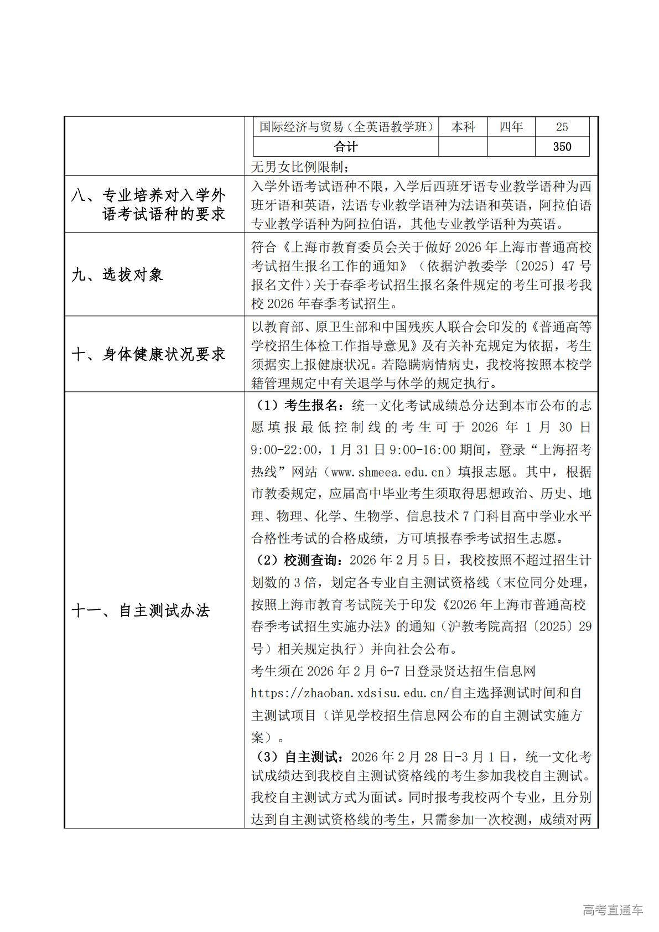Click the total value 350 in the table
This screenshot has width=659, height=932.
pos(562,147)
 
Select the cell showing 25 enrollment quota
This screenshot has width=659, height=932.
pos(562,127)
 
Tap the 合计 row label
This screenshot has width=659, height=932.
pos(346,147)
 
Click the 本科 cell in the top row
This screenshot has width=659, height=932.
pos(463,127)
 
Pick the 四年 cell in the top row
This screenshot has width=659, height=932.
pos(511,127)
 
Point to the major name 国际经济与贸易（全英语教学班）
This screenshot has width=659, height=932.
pos(346,127)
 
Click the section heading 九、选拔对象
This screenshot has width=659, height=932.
pos(117,275)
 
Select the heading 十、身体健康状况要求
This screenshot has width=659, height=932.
pos(149,354)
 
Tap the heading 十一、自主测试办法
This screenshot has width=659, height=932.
pos(141,611)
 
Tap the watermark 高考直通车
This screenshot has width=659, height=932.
pos(613,910)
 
